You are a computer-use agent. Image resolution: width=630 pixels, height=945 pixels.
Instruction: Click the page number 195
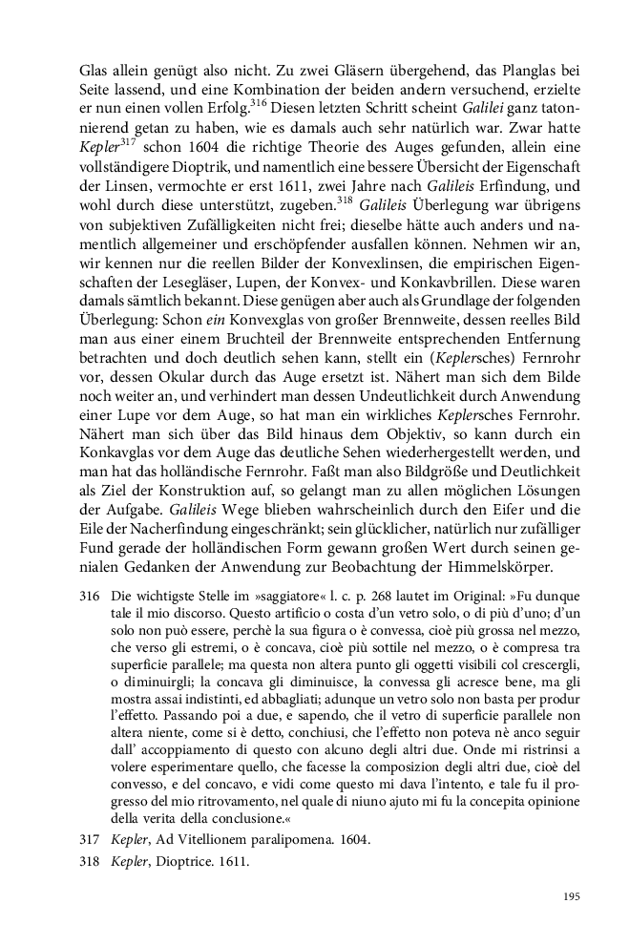pos(572,896)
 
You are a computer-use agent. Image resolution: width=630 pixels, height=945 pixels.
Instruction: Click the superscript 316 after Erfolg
pos(259,98)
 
